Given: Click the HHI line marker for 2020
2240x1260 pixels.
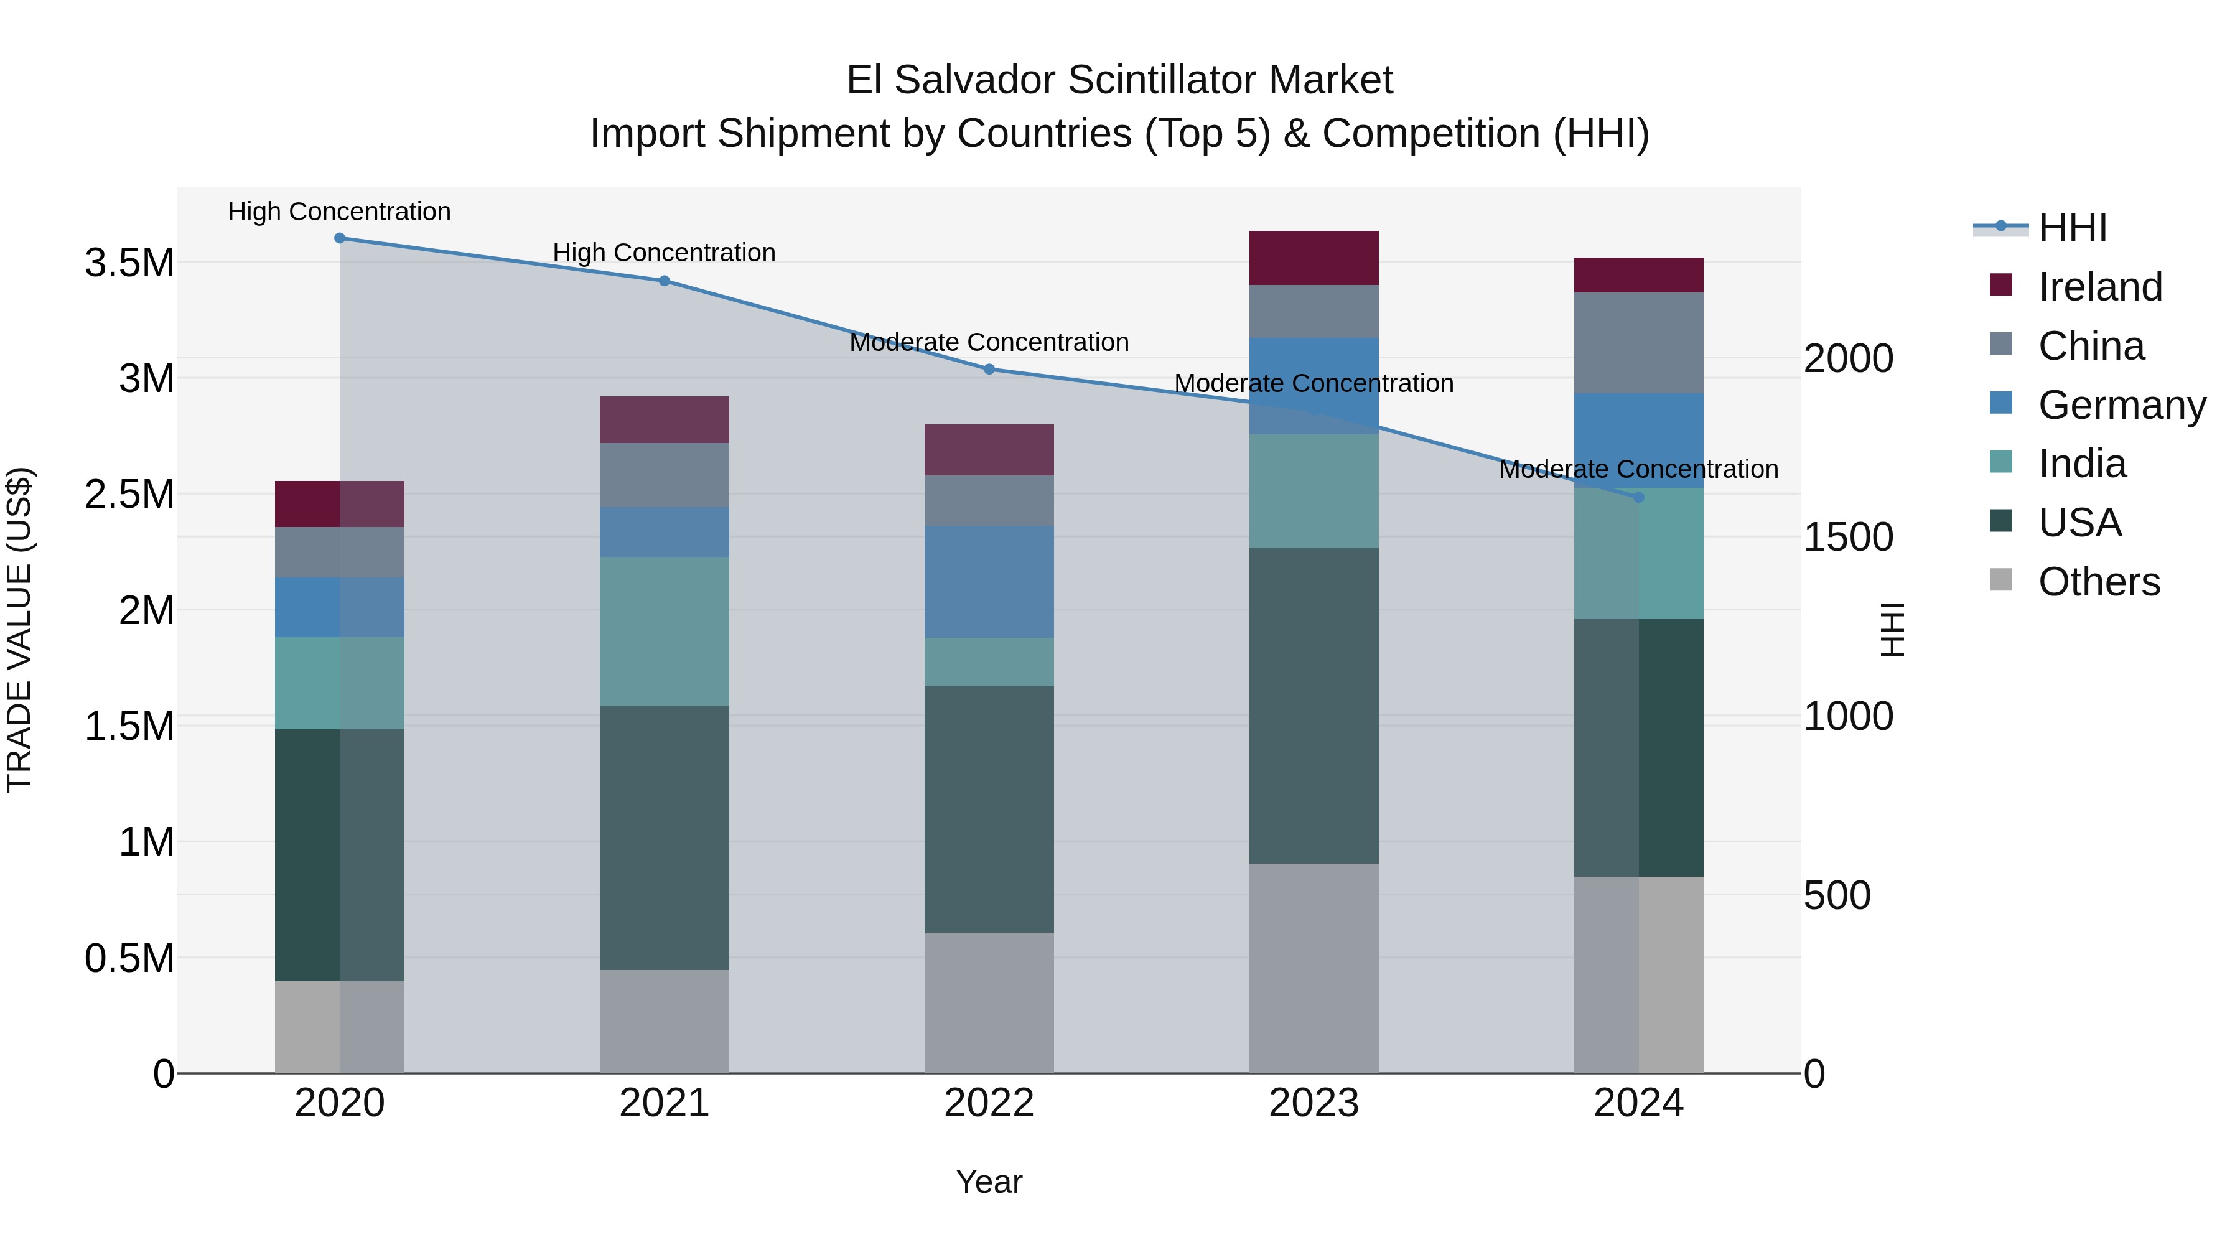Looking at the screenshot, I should click(340, 238).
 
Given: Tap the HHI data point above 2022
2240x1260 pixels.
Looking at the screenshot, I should click(989, 370).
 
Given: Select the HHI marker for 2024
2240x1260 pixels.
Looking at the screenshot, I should click(1638, 497).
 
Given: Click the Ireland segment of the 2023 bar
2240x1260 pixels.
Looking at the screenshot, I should click(1313, 258).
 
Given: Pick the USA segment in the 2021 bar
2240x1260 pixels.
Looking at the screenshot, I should click(665, 838).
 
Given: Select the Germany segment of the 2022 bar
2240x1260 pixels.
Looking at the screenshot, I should click(989, 582).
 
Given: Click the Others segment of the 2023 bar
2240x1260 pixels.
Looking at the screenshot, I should click(1313, 968).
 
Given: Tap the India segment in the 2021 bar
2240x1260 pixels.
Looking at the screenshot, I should click(665, 632).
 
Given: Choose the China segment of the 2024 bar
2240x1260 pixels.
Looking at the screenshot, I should click(1638, 343).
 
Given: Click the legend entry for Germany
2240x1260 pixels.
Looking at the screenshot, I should click(2121, 405).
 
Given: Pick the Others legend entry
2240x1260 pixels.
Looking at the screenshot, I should click(2098, 582).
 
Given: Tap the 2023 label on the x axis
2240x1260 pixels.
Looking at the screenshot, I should click(1313, 1103).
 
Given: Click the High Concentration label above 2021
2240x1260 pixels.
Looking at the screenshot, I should click(665, 253).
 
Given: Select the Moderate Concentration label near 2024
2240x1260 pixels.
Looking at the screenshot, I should click(1638, 470).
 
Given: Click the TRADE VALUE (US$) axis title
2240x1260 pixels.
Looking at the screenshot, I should click(19, 630).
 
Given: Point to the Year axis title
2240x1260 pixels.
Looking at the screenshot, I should click(989, 1182).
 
